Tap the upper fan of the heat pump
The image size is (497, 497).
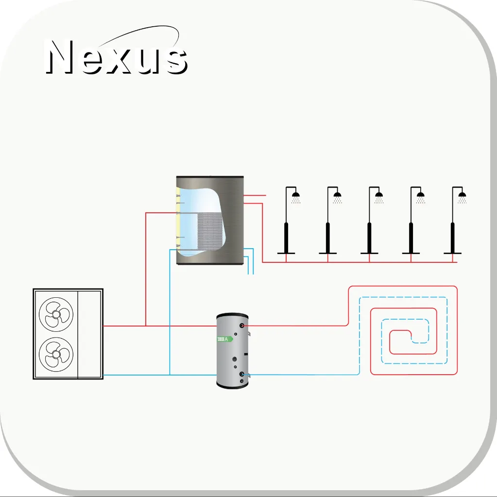tap(56, 314)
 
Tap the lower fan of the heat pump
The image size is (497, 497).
tap(56, 354)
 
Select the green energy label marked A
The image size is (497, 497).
tap(225, 339)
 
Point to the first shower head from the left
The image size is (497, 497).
tap(295, 195)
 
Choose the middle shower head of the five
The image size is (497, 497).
tap(379, 195)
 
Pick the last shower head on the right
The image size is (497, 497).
tap(462, 195)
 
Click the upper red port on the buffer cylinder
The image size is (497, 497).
tap(242, 326)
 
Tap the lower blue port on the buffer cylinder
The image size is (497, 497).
tap(242, 375)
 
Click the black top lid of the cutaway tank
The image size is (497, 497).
tap(210, 176)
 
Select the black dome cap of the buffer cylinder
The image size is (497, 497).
tap(232, 315)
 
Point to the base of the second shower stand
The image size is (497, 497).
tap(328, 253)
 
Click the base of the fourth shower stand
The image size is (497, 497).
tap(411, 253)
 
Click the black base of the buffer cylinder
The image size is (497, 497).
tap(232, 385)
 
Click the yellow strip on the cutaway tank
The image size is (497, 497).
tap(178, 219)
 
